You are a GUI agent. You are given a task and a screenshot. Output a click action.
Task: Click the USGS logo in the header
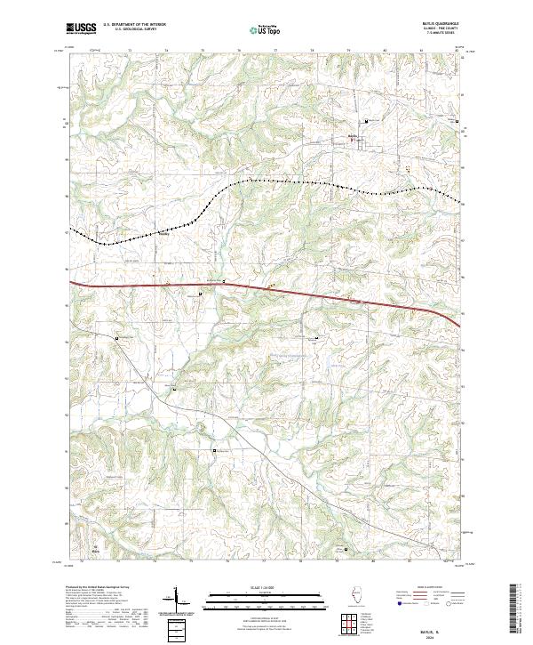coord(82,29)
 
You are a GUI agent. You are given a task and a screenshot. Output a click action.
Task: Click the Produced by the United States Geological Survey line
coord(96,588)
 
